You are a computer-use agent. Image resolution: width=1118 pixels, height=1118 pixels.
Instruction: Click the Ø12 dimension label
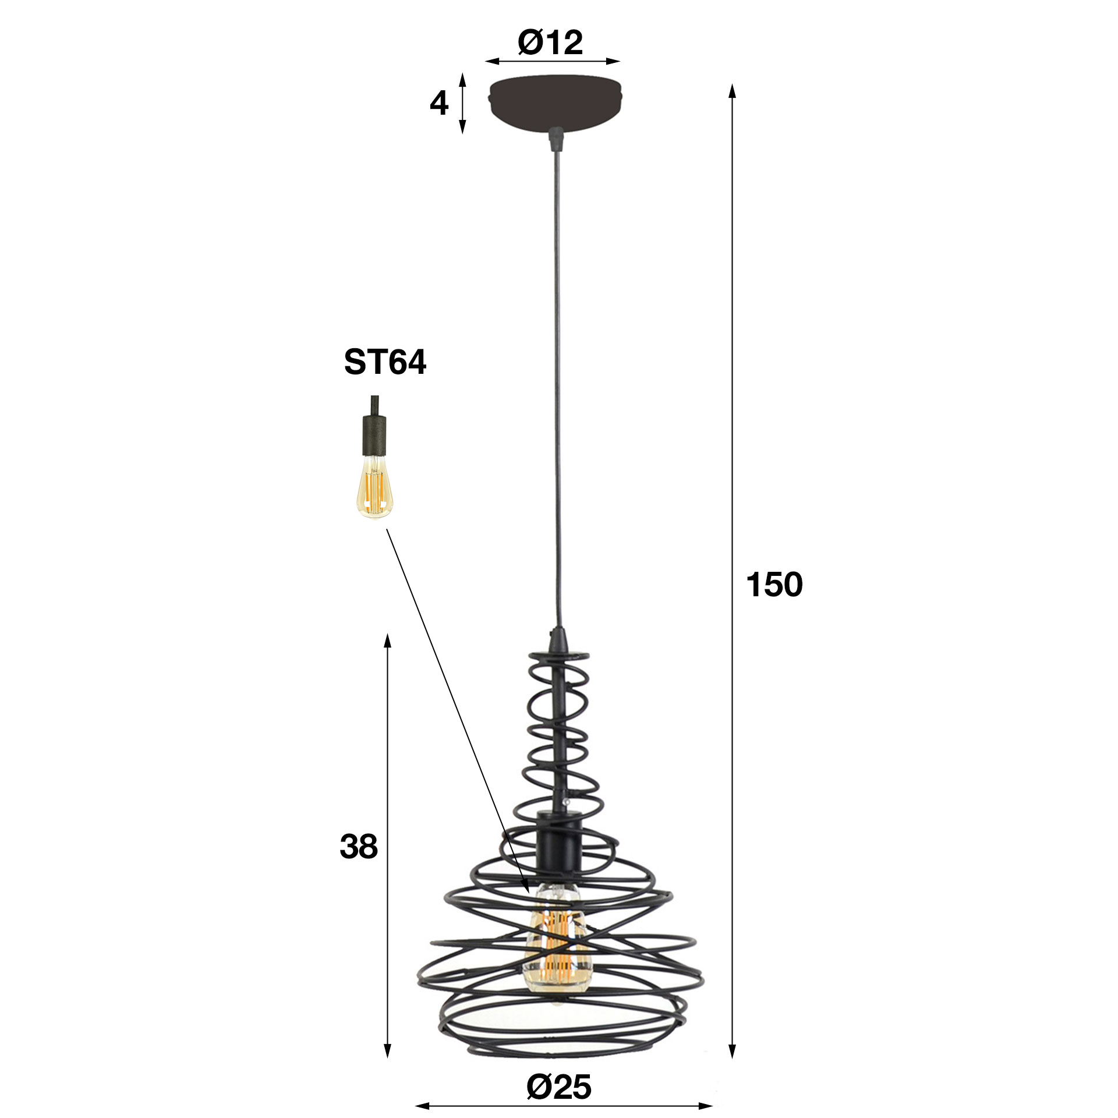(550, 43)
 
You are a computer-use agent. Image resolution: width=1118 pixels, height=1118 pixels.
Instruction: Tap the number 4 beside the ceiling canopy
(439, 104)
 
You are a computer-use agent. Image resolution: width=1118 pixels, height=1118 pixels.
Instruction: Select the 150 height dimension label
(774, 585)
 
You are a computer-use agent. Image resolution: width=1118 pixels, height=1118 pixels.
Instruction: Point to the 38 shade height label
(359, 846)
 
